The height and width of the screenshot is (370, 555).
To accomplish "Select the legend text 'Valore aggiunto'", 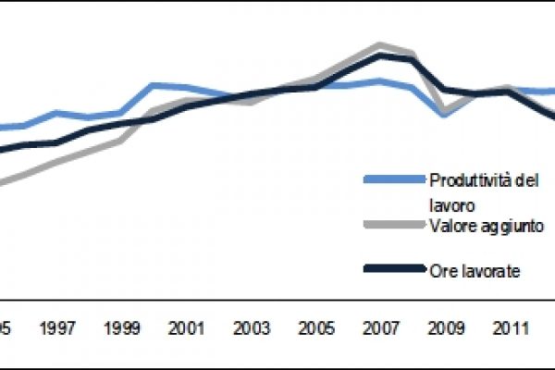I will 485,225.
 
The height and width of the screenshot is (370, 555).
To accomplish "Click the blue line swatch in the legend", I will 393,179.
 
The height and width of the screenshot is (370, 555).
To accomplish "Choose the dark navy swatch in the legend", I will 393,269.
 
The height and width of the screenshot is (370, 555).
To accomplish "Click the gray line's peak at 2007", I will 379,44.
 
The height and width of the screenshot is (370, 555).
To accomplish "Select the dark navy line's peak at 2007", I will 379,55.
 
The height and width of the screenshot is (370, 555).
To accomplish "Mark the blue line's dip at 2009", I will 444,115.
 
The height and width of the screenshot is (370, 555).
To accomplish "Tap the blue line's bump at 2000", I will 154,85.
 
